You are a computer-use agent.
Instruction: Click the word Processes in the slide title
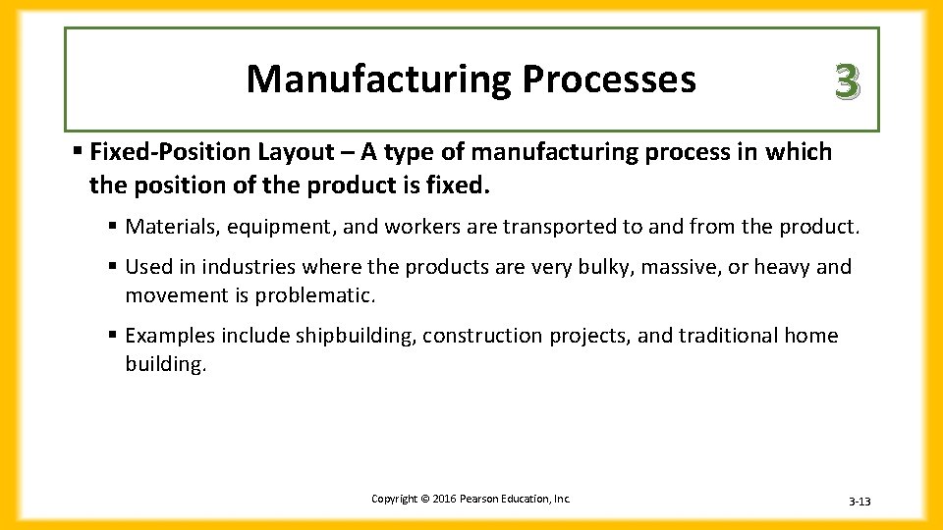coord(608,79)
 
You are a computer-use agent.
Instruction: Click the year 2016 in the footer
coord(440,499)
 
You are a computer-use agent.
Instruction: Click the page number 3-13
coord(860,502)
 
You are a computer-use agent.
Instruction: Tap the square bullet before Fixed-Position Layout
coord(78,152)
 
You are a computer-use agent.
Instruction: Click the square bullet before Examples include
coord(114,336)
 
